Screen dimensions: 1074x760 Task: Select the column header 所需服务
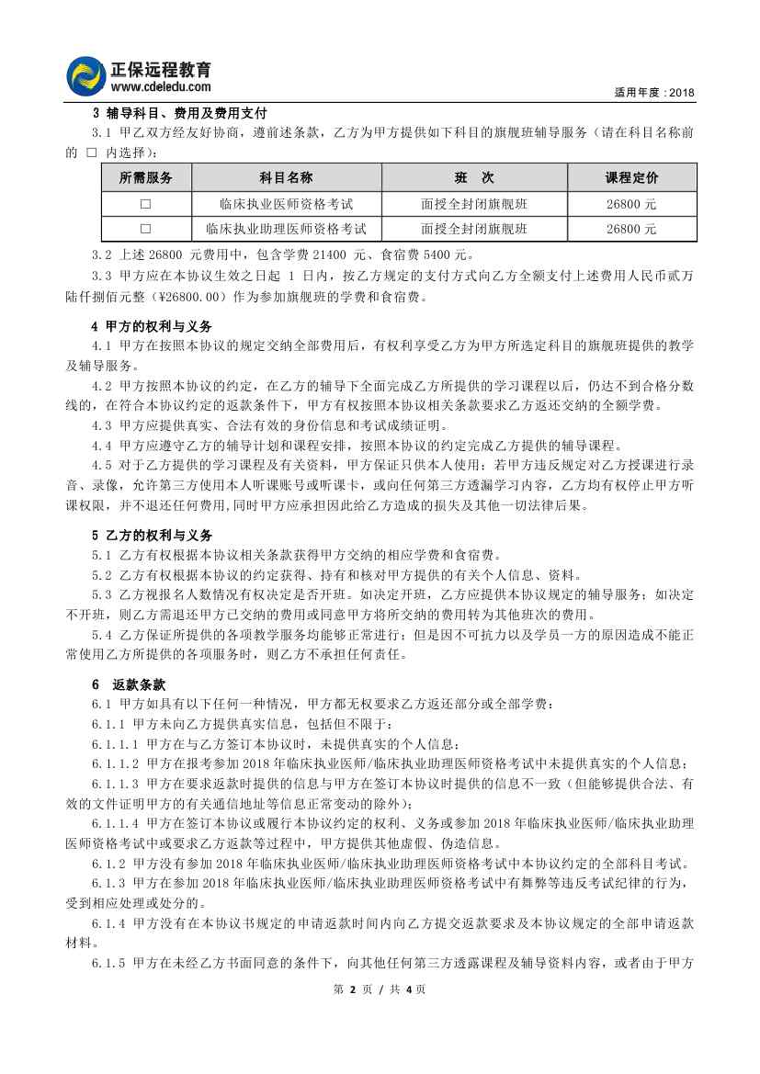point(146,177)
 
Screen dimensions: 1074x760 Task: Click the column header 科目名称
point(286,177)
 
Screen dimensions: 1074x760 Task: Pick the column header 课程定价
point(631,177)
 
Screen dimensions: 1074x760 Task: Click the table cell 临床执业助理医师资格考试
point(286,229)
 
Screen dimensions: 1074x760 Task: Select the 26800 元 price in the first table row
point(631,204)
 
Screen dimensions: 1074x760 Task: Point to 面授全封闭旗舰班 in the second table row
point(474,229)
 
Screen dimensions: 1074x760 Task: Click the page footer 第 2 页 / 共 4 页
point(380,989)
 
